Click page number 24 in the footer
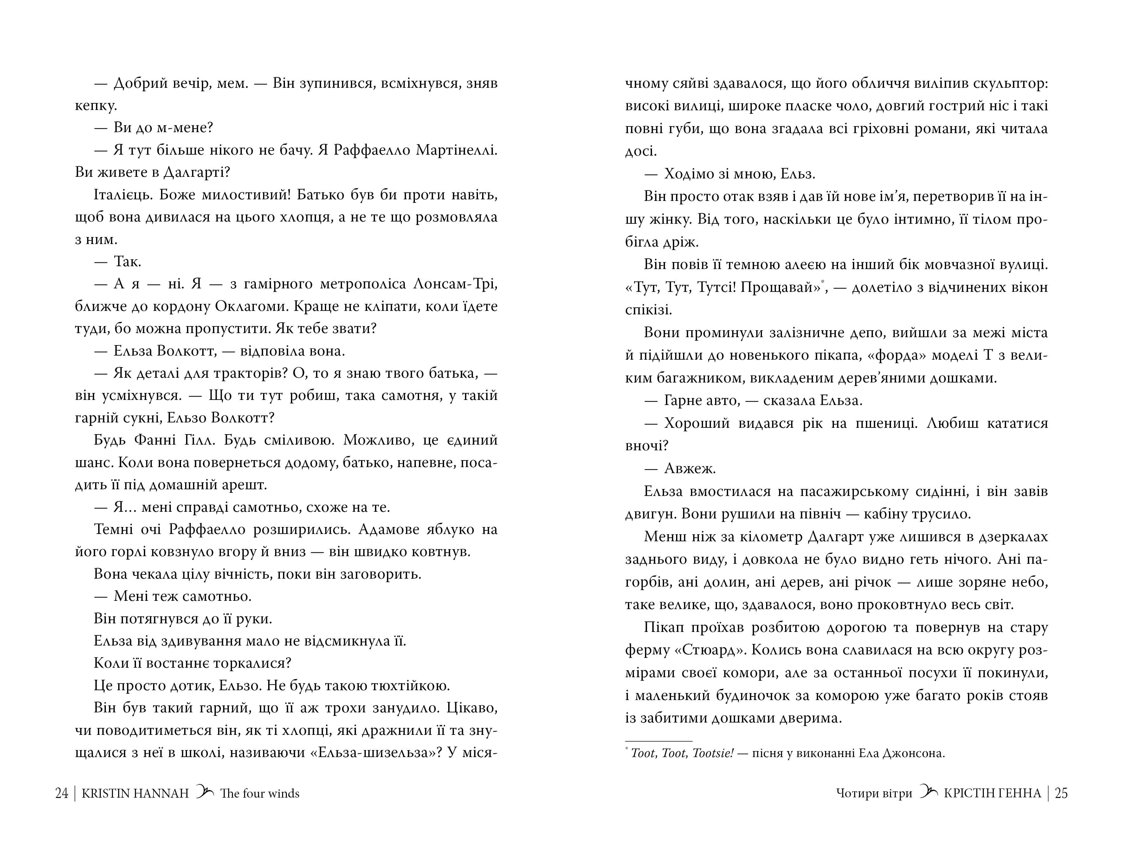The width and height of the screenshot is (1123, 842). [x=61, y=793]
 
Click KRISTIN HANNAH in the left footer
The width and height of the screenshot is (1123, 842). [x=135, y=793]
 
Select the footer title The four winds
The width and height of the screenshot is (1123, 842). [x=259, y=793]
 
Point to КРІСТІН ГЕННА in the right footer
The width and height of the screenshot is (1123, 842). [x=992, y=793]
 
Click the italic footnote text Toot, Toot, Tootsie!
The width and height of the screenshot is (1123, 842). [x=682, y=753]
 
